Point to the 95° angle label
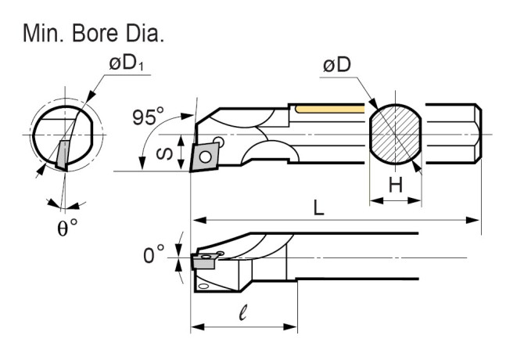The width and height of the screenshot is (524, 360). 149,117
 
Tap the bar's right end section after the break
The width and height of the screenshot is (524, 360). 454,134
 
